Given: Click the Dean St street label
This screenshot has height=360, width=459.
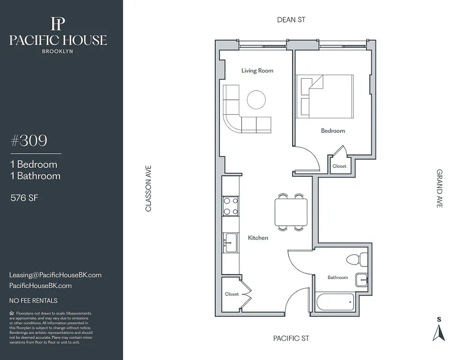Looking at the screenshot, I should [291, 20].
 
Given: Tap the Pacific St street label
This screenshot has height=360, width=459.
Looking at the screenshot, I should [291, 338].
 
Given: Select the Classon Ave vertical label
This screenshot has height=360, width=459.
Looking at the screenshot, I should [148, 189].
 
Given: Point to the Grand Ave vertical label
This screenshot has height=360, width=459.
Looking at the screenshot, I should [440, 188].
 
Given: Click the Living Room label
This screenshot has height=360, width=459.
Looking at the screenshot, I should [257, 71].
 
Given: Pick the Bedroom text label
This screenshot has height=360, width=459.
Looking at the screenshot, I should [333, 131].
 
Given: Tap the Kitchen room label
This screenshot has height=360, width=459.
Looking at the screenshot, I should [258, 238].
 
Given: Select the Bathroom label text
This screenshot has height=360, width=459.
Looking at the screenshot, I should [337, 278].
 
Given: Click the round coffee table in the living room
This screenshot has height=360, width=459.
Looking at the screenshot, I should [256, 99].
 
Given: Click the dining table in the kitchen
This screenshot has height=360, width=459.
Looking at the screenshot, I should [291, 212].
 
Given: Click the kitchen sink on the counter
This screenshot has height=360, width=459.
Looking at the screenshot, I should [230, 243].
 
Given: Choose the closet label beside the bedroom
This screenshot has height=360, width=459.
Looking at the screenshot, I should [340, 166].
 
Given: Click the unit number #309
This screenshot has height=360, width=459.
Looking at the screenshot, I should [29, 141].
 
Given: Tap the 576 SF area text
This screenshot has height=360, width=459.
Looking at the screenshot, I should [24, 198].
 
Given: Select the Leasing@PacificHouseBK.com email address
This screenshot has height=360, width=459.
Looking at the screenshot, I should [55, 275].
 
